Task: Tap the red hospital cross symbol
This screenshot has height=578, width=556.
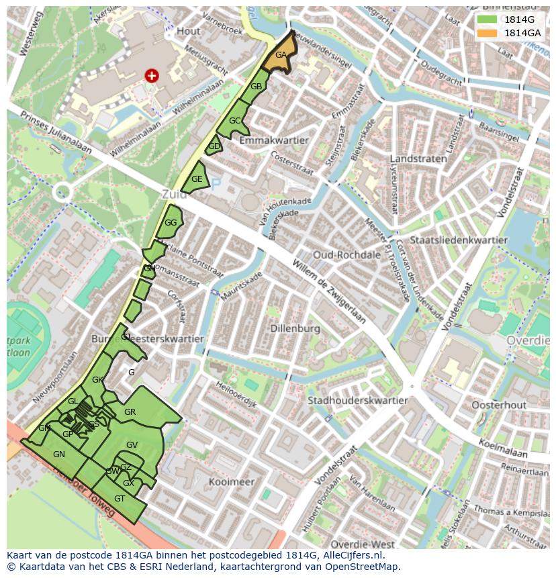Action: point(152,76)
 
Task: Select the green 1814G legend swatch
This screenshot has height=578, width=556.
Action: point(487,19)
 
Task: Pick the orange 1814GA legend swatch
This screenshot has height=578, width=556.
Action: point(487,33)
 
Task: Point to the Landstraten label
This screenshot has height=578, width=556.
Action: point(418,159)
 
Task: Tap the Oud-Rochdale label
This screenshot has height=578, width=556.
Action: point(346,255)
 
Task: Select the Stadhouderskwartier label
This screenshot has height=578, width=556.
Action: point(357,401)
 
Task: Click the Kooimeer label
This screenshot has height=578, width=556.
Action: point(231,482)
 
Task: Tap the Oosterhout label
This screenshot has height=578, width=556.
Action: point(498,405)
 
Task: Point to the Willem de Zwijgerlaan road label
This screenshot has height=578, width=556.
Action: point(329,290)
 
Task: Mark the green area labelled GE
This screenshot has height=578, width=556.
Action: point(196,180)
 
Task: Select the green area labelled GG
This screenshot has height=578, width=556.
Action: point(171,223)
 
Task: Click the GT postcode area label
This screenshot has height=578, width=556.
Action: point(120,499)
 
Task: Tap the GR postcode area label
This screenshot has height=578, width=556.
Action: point(130,412)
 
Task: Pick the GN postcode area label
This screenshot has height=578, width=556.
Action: point(59,454)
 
